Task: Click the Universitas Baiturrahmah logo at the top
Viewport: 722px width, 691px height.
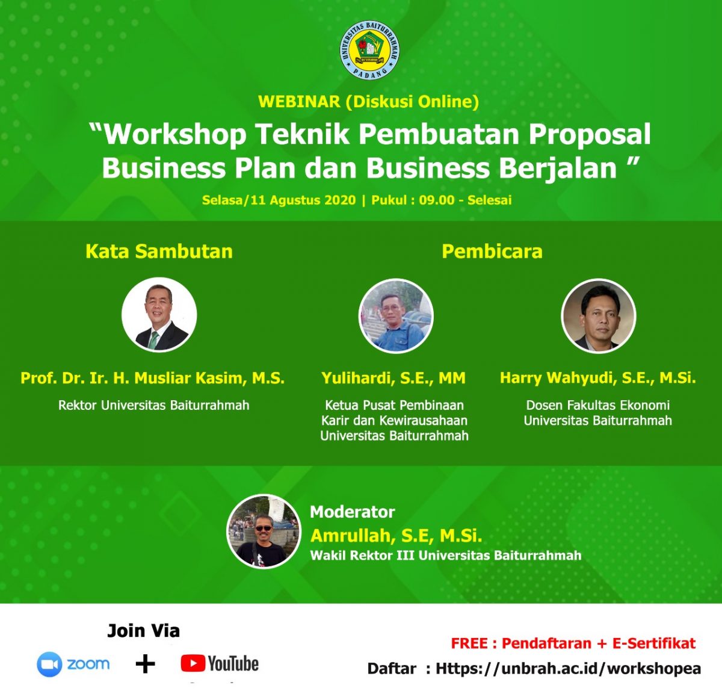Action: [369, 50]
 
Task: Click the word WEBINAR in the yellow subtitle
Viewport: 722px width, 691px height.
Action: [299, 102]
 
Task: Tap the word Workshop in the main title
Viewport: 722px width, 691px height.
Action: [174, 134]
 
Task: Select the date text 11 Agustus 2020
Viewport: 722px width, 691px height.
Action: [303, 200]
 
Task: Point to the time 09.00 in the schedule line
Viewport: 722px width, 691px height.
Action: [436, 200]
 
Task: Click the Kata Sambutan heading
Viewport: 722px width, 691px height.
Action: [159, 251]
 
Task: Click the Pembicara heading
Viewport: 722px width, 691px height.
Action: [492, 251]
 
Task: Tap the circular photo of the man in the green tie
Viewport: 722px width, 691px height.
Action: [159, 315]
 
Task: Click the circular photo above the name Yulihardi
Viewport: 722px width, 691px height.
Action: [396, 315]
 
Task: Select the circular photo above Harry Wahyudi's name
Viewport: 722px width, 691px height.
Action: [599, 315]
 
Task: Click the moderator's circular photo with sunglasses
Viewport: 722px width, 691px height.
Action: [264, 531]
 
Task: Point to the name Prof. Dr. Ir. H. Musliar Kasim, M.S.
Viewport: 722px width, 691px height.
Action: [152, 378]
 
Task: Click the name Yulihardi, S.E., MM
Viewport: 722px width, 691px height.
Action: [393, 378]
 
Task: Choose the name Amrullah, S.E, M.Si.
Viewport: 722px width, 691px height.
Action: [396, 536]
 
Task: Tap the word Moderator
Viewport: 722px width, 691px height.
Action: [352, 512]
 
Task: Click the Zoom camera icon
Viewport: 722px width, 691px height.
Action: [49, 664]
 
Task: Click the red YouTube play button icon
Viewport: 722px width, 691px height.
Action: [193, 663]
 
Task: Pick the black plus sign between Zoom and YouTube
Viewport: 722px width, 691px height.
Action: [146, 664]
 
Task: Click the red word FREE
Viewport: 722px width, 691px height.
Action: [469, 643]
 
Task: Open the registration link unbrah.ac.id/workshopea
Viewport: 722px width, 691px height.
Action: [568, 668]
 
